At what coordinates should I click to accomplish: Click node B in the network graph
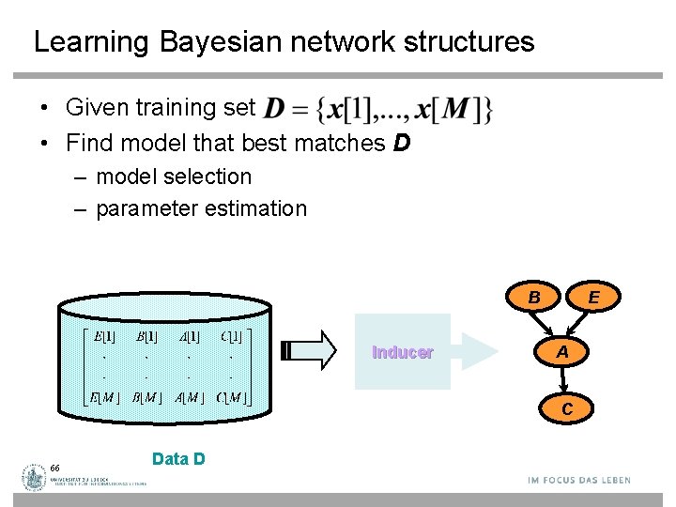533,298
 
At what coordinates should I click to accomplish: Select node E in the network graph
593,298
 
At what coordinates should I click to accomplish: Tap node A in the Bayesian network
562,352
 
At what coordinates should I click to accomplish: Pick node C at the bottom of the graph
567,408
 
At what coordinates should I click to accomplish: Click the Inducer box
403,352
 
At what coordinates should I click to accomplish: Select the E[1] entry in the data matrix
104,336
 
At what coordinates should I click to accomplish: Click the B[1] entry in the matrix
146,336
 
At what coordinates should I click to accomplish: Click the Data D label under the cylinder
178,459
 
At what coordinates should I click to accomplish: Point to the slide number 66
56,468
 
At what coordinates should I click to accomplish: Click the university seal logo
36,478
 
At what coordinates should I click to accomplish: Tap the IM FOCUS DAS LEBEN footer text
579,480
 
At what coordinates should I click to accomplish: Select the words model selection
175,177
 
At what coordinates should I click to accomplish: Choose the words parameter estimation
201,208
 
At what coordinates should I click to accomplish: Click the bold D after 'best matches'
400,143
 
